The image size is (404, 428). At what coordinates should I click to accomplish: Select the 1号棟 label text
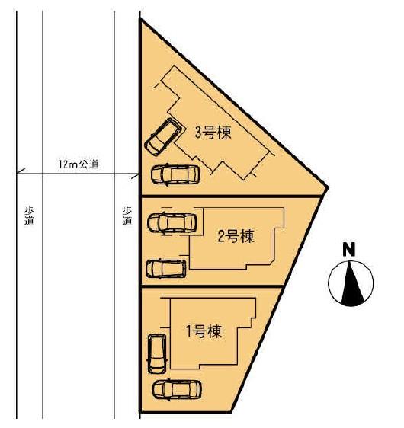[x=204, y=331]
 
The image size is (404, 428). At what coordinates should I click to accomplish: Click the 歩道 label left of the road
[x=30, y=216]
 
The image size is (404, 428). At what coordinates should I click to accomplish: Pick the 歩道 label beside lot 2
[x=127, y=216]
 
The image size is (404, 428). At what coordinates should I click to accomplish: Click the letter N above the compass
[x=349, y=249]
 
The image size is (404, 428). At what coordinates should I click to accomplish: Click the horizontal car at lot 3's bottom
[x=175, y=174]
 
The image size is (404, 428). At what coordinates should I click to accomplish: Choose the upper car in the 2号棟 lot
[x=172, y=224]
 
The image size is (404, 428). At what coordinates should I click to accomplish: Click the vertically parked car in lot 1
[x=157, y=353]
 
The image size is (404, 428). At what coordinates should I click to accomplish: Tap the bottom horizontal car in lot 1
[x=175, y=390]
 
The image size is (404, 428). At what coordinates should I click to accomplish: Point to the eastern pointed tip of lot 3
[x=328, y=187]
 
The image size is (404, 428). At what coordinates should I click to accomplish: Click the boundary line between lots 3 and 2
[x=229, y=197]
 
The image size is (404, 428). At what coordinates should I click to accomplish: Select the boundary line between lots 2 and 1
[x=213, y=287]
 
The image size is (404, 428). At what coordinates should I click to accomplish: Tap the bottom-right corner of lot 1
[x=229, y=412]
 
